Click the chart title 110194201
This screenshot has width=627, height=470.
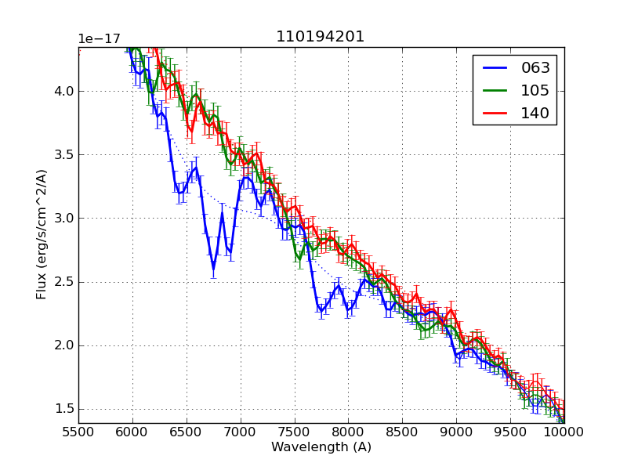[320, 37]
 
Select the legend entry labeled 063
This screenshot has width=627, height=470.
[535, 68]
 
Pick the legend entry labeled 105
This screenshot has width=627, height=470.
[535, 90]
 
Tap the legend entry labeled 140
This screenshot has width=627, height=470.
[535, 113]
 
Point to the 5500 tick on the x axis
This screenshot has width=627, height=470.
[78, 432]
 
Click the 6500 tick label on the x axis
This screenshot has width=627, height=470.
[187, 432]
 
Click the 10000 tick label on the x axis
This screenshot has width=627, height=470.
[564, 432]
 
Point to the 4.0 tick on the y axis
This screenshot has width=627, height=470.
[64, 91]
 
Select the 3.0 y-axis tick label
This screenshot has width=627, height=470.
[64, 218]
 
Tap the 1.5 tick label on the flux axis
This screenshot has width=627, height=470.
[64, 409]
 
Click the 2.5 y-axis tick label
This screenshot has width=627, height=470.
[64, 282]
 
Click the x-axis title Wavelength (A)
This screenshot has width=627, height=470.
[321, 447]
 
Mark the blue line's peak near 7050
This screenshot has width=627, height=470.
[245, 177]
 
